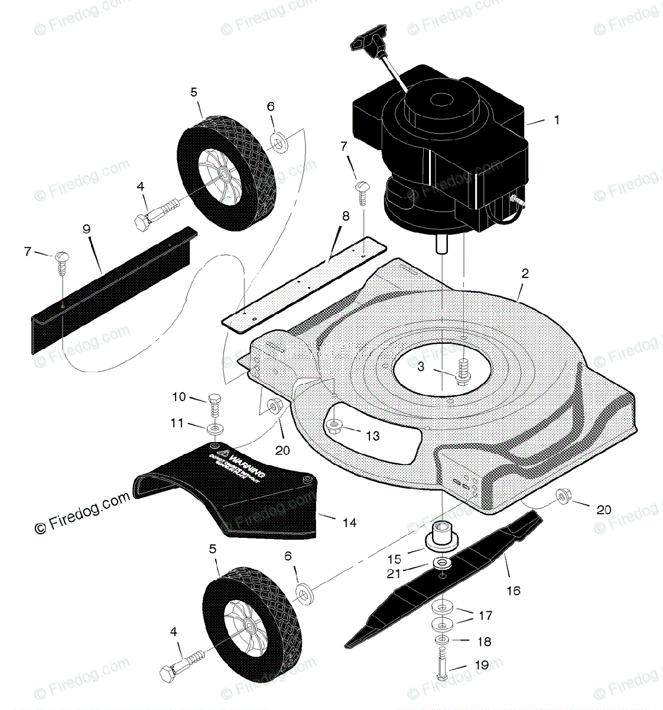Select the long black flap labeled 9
(x=112, y=284)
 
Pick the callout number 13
(x=372, y=436)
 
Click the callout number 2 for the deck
(x=525, y=273)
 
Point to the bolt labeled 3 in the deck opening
(x=463, y=372)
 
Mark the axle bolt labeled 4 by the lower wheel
(x=180, y=664)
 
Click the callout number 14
(x=349, y=522)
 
